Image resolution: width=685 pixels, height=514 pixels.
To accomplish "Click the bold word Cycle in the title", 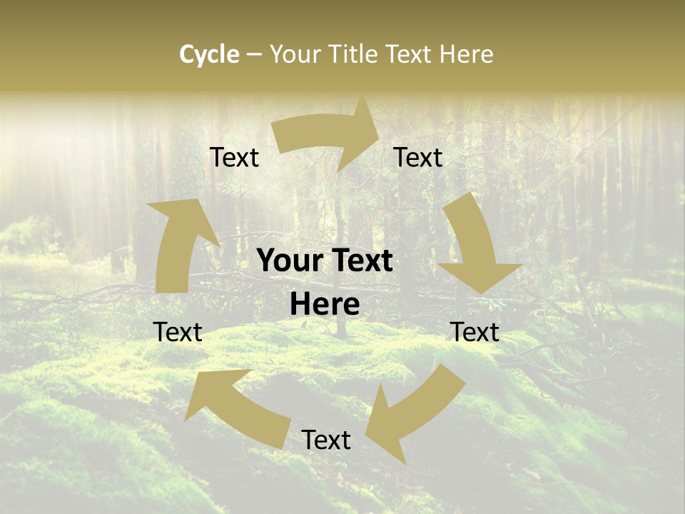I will coord(209,54).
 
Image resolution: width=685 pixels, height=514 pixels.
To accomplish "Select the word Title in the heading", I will coord(355,54).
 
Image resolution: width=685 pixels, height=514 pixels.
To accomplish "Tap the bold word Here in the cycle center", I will coord(325,305).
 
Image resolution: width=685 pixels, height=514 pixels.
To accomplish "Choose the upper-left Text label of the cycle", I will coord(235,158).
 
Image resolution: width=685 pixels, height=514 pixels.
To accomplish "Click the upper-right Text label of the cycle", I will coord(418,158).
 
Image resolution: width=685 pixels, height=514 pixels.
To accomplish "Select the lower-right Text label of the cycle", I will coord(475,333).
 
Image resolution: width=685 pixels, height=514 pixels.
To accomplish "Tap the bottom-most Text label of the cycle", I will coord(326,440).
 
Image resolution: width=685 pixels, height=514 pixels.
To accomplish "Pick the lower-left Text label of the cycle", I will coord(178,333).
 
